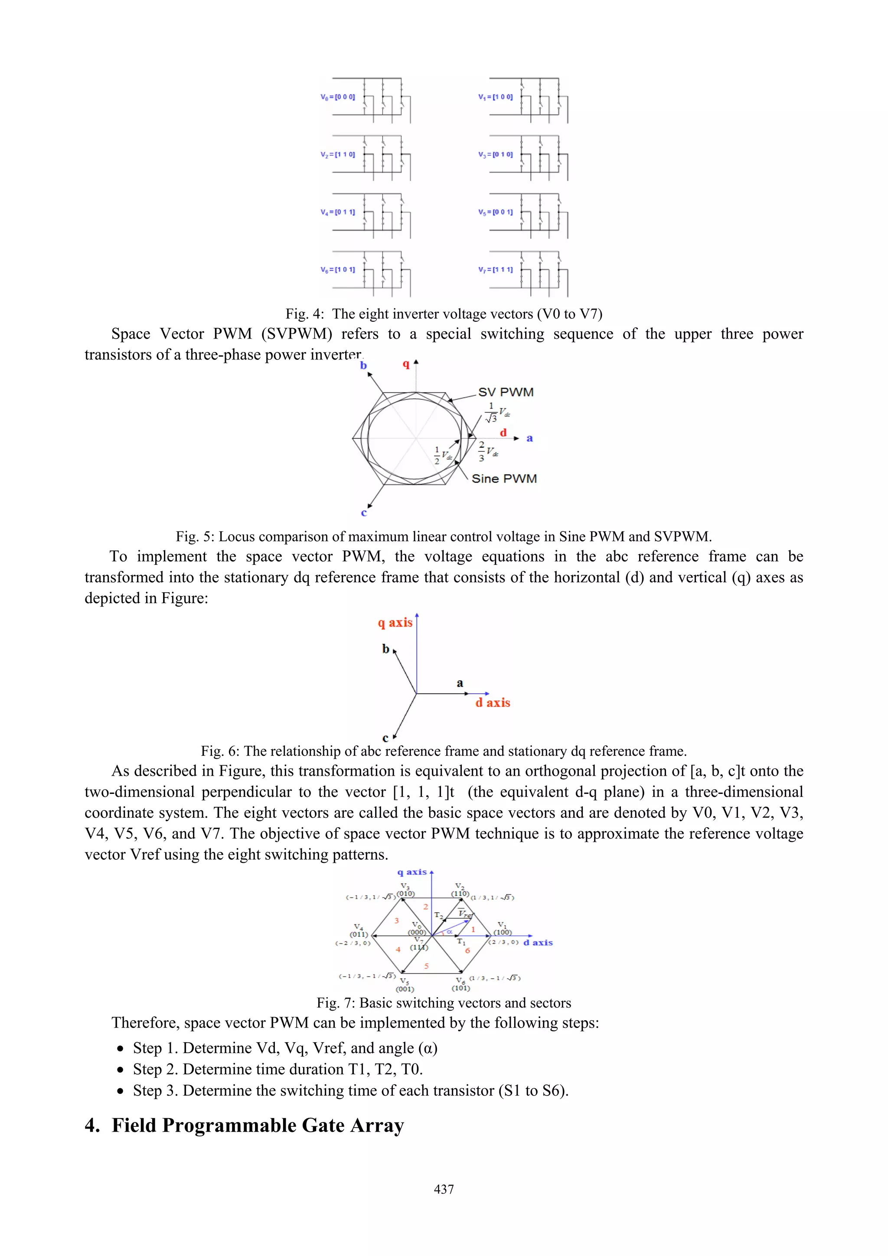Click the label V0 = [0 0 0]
click(338, 97)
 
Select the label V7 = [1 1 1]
click(495, 270)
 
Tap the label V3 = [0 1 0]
click(495, 155)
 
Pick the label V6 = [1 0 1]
click(338, 270)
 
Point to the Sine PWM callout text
click(504, 479)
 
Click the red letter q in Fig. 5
click(406, 364)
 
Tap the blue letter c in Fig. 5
click(364, 512)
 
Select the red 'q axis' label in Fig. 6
click(395, 623)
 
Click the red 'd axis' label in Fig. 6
click(493, 702)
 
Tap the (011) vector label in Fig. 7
click(359, 934)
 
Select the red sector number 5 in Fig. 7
click(426, 966)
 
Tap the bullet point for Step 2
click(121, 1070)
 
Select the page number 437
click(444, 1189)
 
